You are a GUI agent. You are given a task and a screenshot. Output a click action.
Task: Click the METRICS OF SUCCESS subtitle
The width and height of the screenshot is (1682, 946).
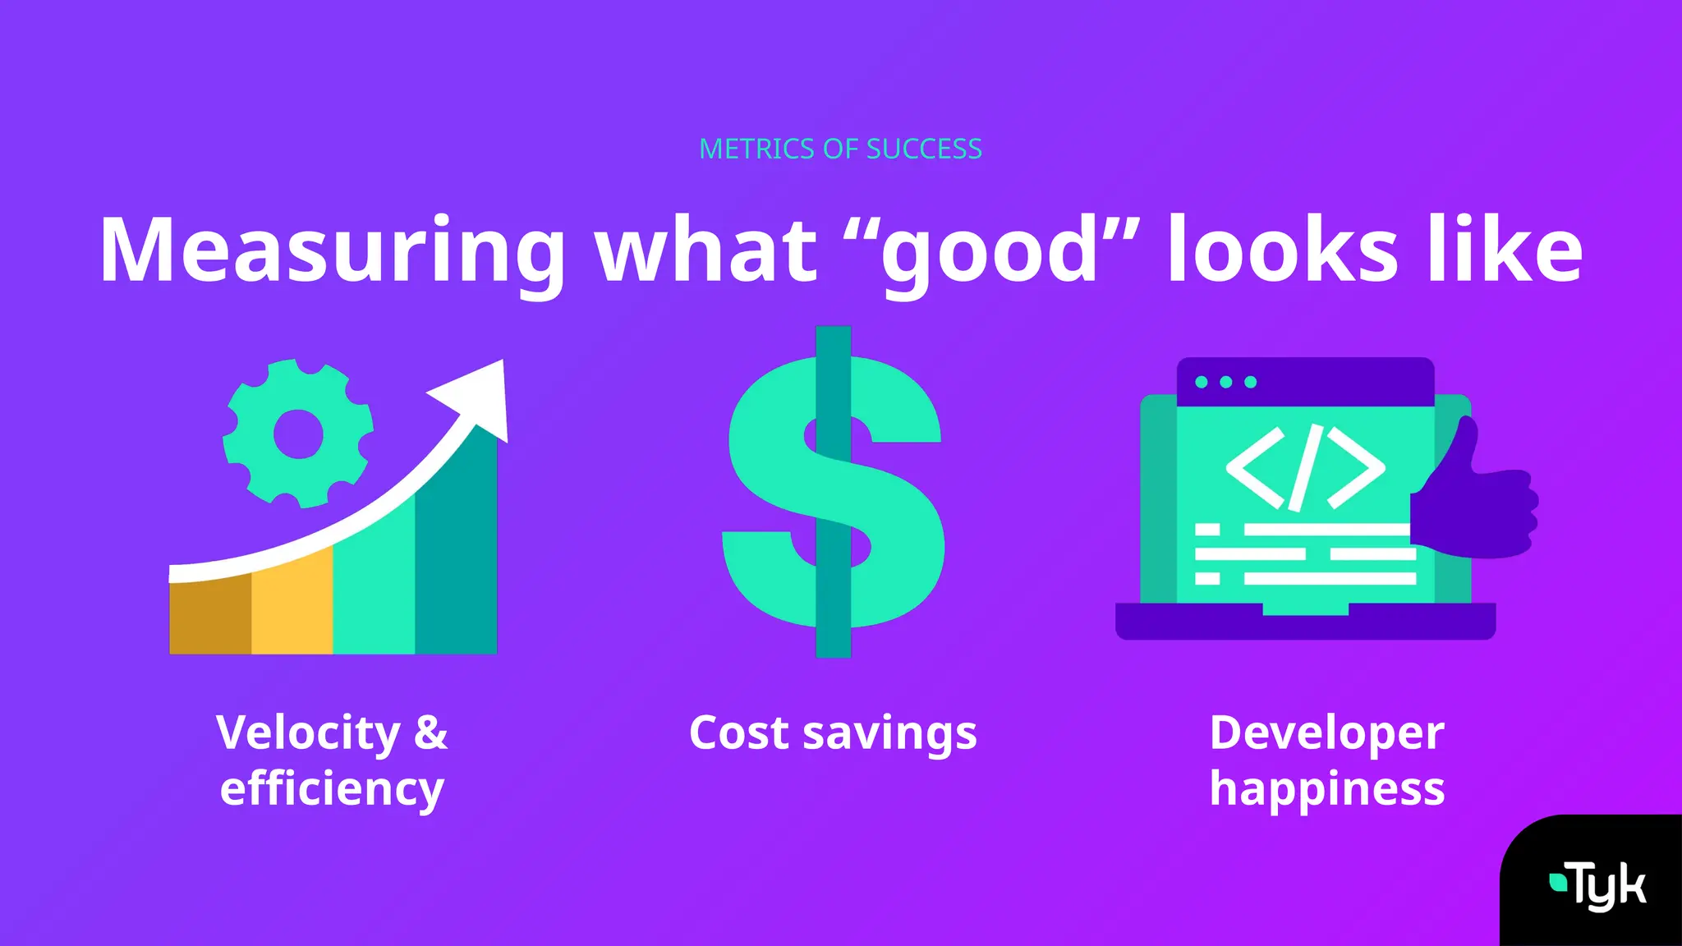(x=840, y=149)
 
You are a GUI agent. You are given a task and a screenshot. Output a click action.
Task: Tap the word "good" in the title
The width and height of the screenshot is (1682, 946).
(x=990, y=250)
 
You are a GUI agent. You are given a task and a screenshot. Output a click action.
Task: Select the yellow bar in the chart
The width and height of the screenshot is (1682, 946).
(x=292, y=604)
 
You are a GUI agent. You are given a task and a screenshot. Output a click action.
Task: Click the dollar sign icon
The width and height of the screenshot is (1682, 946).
(x=834, y=493)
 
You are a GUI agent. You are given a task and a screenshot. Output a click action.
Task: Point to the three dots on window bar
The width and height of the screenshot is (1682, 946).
(x=1225, y=382)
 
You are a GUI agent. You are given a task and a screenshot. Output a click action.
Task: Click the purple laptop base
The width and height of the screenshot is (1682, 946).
(x=1305, y=624)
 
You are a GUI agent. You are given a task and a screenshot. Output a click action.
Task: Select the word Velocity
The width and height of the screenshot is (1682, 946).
(x=308, y=732)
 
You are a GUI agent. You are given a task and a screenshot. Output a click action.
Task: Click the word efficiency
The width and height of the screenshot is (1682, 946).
(x=332, y=788)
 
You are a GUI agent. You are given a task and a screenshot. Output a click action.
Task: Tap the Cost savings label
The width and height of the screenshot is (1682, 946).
(x=833, y=732)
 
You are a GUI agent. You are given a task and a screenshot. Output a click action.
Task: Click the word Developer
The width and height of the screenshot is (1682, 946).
(x=1326, y=732)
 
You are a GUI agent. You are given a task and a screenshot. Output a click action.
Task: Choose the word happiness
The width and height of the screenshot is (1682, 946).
(x=1326, y=788)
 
